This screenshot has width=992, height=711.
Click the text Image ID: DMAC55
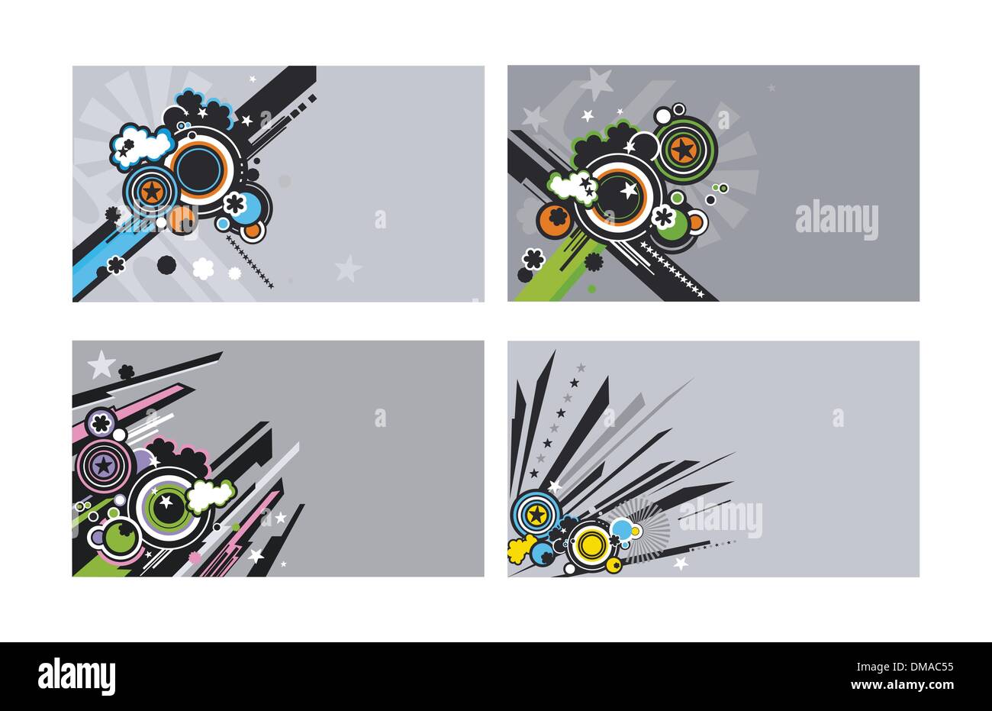click(905, 667)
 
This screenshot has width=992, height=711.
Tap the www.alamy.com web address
click(902, 685)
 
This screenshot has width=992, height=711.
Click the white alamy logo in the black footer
click(76, 676)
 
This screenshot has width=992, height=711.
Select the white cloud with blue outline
click(141, 146)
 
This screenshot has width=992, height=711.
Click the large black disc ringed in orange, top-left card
click(199, 170)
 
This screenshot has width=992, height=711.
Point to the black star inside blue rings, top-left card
click(152, 192)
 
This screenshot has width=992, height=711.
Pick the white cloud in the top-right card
click(572, 188)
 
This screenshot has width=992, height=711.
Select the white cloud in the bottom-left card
click(211, 495)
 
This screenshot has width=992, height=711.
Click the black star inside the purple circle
click(104, 466)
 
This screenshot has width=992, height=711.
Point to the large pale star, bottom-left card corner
click(101, 365)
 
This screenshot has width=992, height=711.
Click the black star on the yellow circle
click(537, 515)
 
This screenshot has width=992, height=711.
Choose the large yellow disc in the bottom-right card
click(590, 544)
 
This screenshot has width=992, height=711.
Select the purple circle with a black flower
click(101, 423)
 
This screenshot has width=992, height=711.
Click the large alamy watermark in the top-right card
click(836, 221)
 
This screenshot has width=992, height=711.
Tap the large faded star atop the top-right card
click(597, 83)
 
